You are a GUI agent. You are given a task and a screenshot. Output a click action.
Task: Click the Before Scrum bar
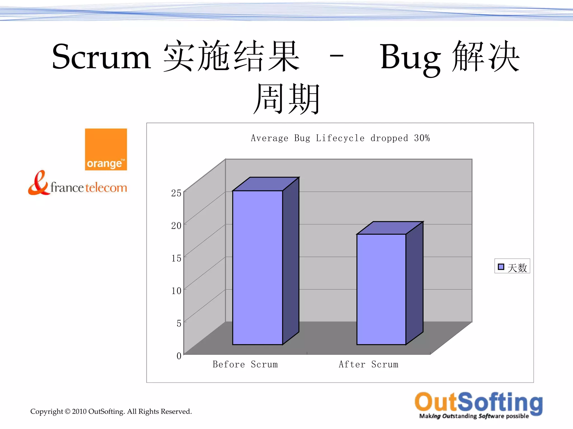click(x=257, y=267)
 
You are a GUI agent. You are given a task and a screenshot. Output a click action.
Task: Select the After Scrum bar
click(x=381, y=289)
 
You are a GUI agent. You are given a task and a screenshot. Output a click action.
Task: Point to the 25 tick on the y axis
click(x=176, y=193)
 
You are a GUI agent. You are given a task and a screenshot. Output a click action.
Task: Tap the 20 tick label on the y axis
click(x=176, y=225)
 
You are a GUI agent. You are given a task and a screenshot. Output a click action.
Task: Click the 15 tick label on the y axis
click(x=176, y=258)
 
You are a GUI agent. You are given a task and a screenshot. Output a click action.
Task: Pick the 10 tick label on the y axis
click(x=176, y=291)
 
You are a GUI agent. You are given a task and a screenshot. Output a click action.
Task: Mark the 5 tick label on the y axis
click(x=179, y=323)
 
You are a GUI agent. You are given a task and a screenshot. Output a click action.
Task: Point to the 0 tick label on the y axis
click(x=179, y=356)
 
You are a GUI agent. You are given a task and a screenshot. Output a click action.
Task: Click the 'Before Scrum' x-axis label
click(x=245, y=364)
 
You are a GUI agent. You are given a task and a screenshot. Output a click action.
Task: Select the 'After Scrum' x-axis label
click(x=368, y=364)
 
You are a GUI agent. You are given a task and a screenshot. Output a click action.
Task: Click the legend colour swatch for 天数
click(x=501, y=267)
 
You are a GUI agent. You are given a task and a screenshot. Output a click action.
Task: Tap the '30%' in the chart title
click(x=422, y=138)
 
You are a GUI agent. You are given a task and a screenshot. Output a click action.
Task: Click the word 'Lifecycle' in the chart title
click(x=340, y=138)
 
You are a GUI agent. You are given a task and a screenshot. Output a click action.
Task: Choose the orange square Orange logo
click(x=106, y=149)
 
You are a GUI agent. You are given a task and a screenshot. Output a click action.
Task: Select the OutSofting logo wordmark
click(x=478, y=402)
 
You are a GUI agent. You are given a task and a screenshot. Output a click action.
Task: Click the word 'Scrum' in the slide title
click(x=101, y=57)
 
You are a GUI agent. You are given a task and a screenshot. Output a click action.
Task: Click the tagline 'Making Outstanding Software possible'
click(x=474, y=416)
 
